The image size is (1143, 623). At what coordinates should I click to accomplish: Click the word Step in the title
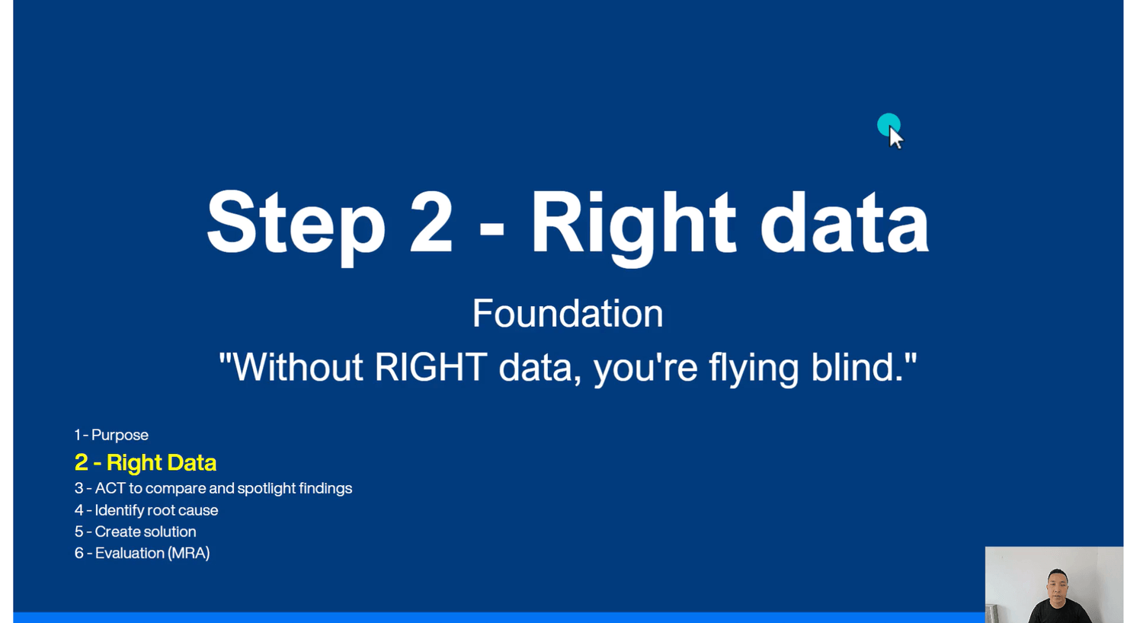click(x=296, y=227)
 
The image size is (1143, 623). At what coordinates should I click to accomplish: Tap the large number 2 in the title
click(x=431, y=222)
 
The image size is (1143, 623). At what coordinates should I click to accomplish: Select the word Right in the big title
click(x=634, y=228)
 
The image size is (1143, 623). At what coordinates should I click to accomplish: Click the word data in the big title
click(x=844, y=222)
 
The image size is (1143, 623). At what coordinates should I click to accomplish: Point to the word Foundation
click(x=568, y=313)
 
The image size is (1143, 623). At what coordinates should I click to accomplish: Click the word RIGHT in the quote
click(x=431, y=366)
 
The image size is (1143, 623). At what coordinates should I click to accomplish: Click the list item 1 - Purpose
click(x=111, y=435)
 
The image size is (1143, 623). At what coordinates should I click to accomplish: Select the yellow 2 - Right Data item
click(x=146, y=463)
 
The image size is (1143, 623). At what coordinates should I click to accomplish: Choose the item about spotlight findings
click(x=213, y=488)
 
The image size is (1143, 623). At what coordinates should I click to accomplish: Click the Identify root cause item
click(x=146, y=510)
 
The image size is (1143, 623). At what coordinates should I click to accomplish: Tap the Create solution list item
click(x=135, y=532)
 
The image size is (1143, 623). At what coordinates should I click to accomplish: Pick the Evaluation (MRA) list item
click(x=142, y=553)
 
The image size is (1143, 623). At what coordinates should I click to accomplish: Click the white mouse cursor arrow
click(x=895, y=138)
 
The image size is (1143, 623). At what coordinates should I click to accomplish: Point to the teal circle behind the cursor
click(x=888, y=124)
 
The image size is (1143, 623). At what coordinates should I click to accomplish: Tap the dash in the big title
click(x=492, y=233)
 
